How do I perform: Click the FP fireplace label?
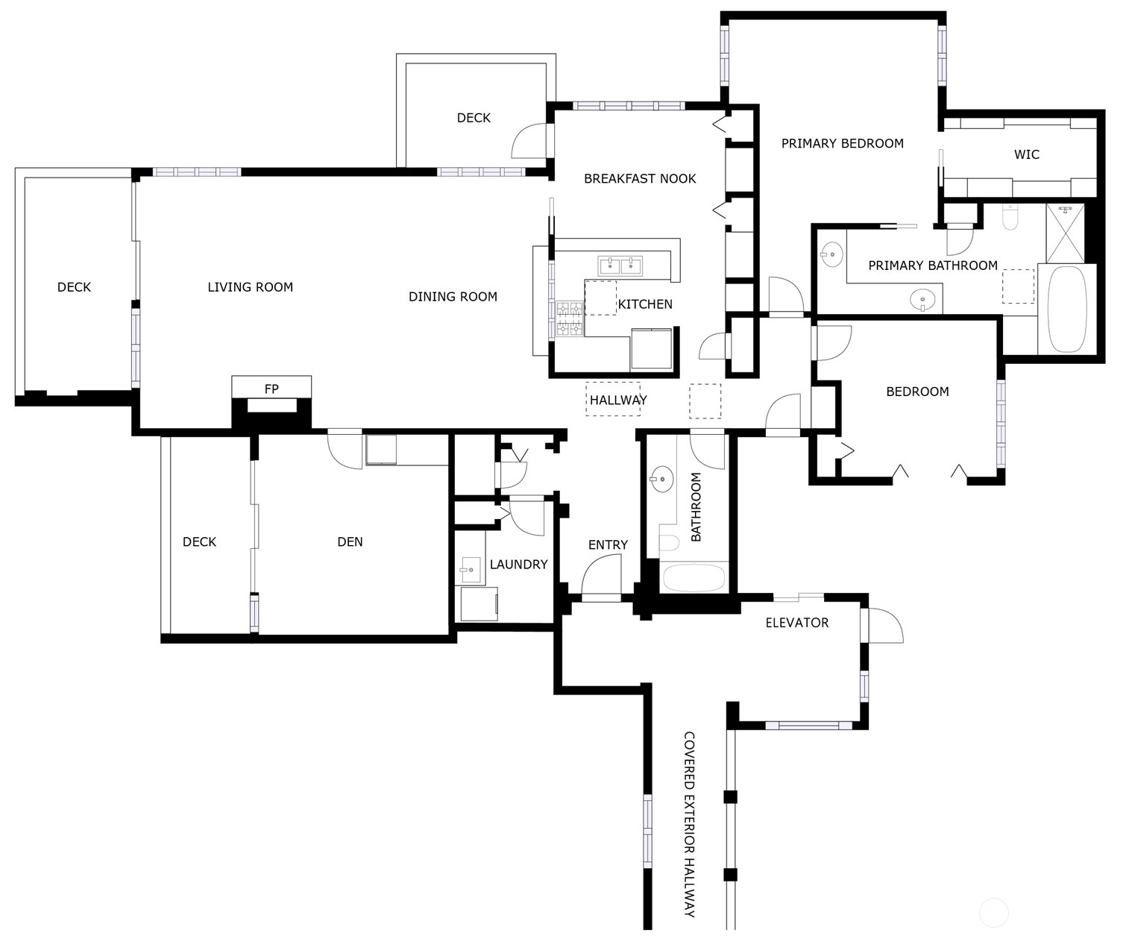coord(271,389)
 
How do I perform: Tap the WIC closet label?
coord(1026,154)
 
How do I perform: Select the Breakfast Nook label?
coord(640,179)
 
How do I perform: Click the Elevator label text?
coord(796,623)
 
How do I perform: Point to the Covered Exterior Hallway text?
coord(689,824)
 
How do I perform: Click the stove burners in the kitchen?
coord(570,318)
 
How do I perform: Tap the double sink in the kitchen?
coord(620,266)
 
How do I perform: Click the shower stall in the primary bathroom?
coord(1065,233)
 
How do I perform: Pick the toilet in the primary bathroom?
coord(1010,218)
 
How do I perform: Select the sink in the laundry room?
coord(470,570)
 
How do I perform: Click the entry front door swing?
coord(601,578)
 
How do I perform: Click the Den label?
coord(350,542)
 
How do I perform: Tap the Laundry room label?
coord(518,565)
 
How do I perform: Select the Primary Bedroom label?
coord(842,143)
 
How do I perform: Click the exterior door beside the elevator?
coord(884,625)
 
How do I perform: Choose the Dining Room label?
coord(453,297)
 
